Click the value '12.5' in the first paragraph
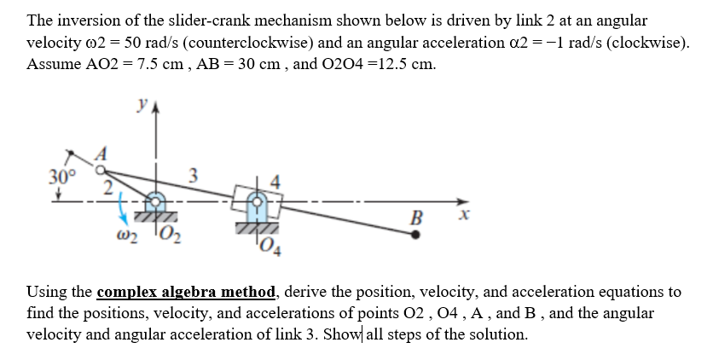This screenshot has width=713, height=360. [x=381, y=65]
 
